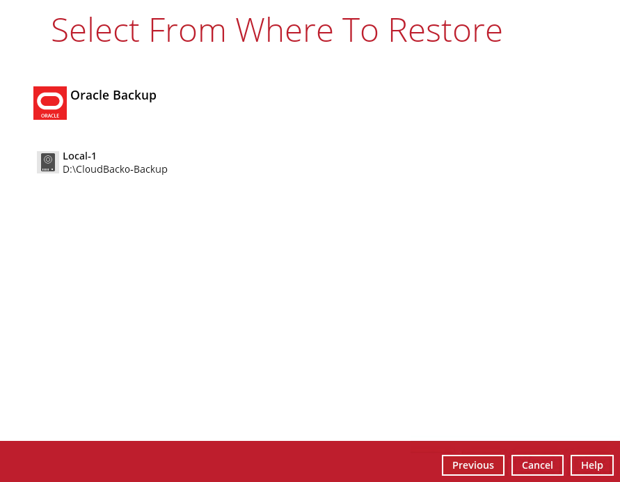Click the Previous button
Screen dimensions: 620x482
click(473, 465)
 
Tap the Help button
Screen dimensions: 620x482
click(592, 465)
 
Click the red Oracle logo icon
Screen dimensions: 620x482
click(50, 103)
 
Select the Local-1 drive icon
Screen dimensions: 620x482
click(48, 162)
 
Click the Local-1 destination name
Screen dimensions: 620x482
click(79, 156)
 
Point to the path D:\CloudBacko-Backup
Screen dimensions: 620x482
click(115, 169)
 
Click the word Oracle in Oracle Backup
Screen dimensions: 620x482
click(90, 95)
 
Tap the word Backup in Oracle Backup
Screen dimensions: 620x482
click(135, 95)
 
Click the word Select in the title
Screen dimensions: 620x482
click(95, 30)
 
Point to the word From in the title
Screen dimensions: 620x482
click(187, 30)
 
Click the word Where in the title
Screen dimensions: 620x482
click(285, 30)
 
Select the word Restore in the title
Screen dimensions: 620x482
click(445, 30)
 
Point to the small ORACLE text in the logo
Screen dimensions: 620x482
click(50, 116)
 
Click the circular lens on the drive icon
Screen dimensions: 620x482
click(48, 160)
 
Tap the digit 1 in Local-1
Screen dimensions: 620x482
click(93, 156)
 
